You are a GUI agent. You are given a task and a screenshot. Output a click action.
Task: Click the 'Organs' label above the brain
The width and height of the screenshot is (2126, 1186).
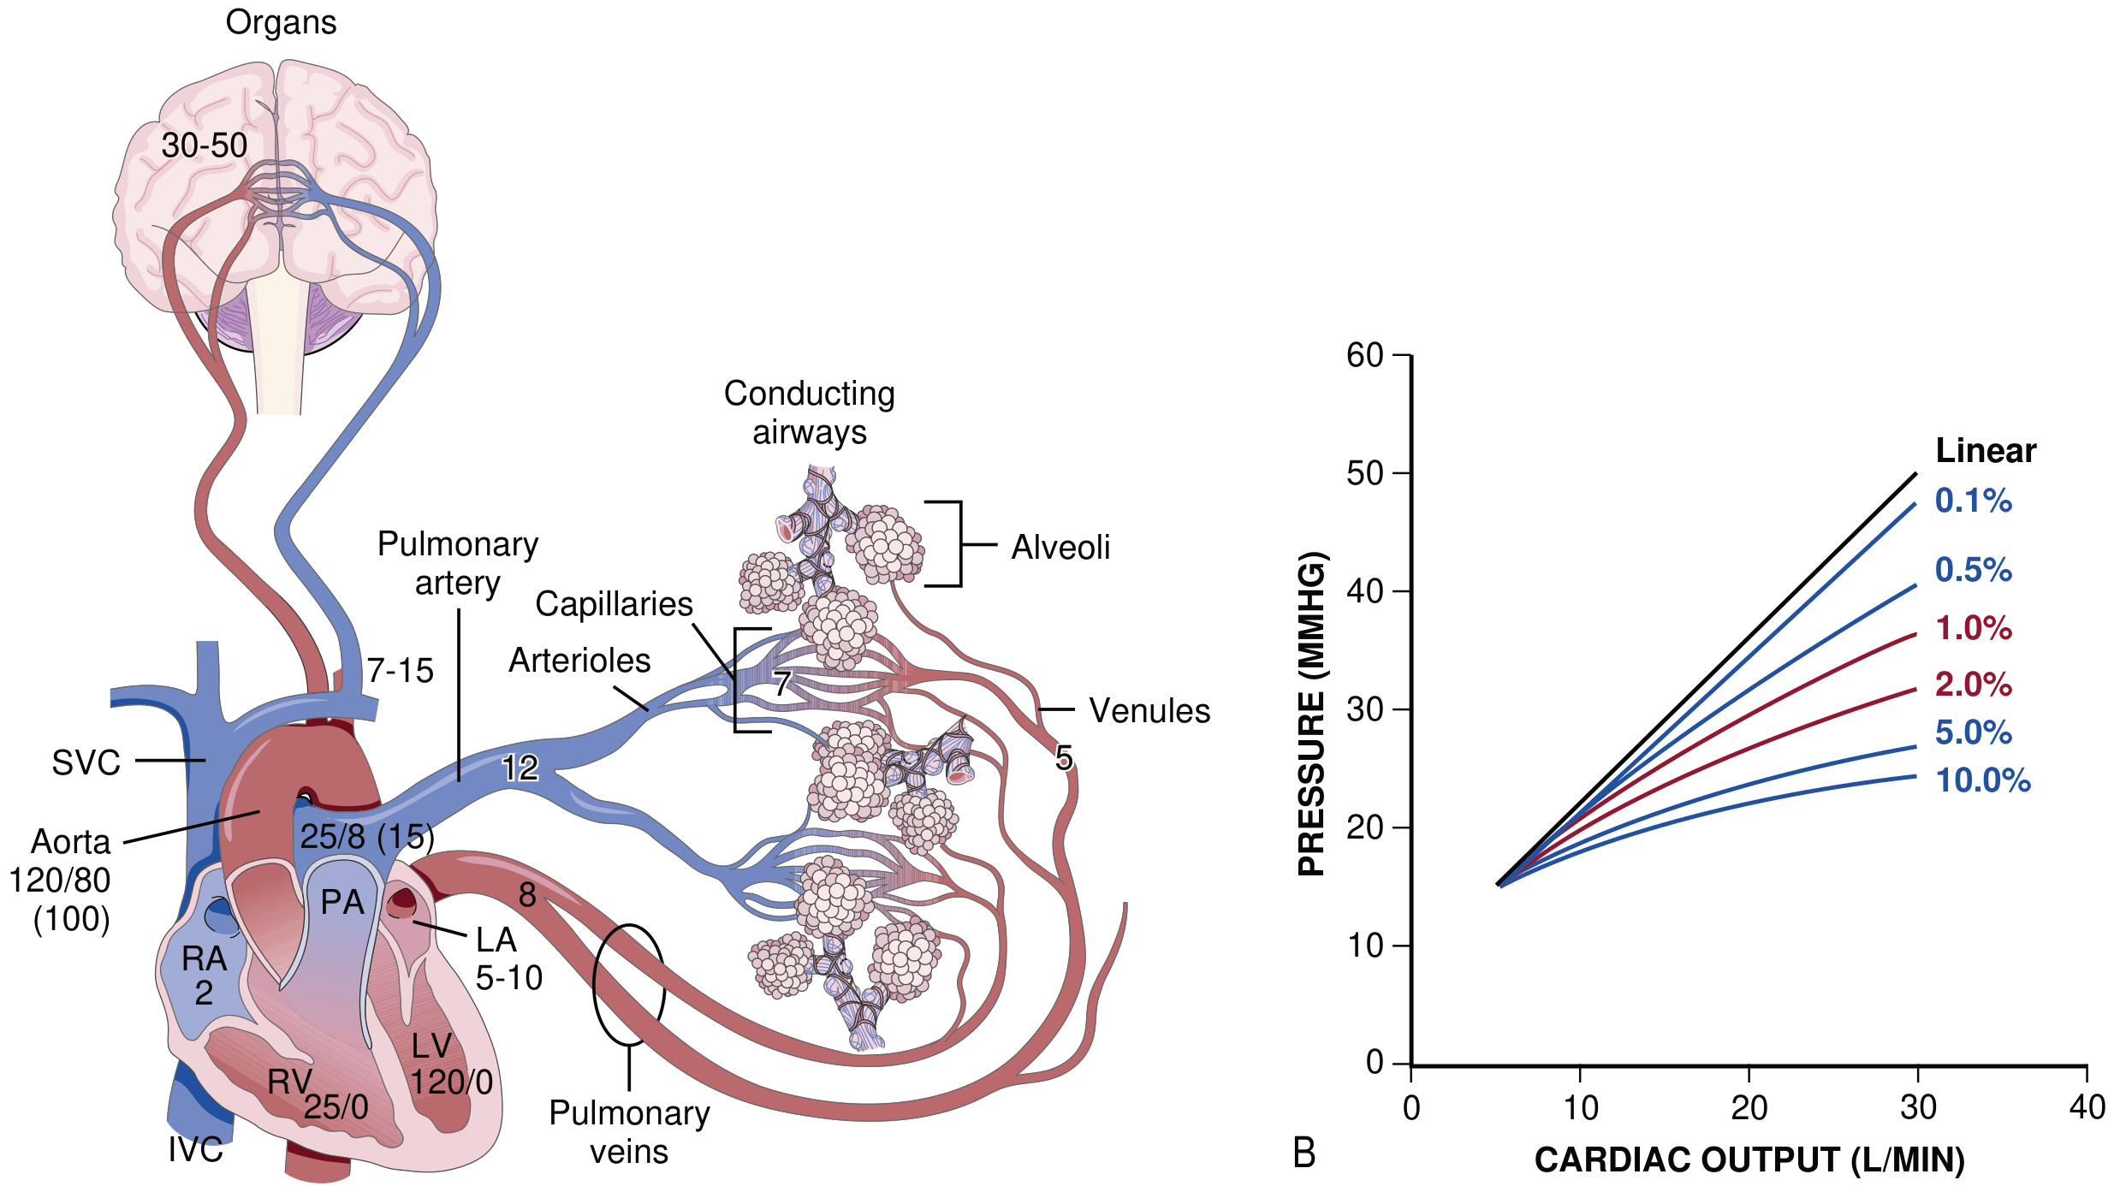pos(281,23)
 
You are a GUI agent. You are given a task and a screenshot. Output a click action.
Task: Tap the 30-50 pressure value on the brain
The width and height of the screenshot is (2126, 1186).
pos(205,145)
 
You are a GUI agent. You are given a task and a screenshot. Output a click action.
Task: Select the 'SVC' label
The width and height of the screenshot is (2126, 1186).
pos(86,762)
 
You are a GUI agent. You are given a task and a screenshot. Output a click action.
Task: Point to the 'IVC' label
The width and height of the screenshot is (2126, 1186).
pos(196,1150)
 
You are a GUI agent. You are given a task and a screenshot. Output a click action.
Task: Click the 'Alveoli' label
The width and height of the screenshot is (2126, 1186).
pos(1060,548)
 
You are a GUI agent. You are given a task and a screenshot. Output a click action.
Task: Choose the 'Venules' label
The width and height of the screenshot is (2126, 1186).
pos(1149,711)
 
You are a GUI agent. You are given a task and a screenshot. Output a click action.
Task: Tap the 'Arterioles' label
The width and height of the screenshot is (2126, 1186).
pos(579,661)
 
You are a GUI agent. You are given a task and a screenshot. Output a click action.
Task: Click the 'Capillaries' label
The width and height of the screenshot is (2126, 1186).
pos(614,604)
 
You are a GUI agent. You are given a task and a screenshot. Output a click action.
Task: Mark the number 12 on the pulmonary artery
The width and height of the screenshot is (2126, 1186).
pos(520,768)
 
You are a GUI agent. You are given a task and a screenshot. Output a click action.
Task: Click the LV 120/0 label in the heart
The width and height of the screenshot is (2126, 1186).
pos(451,1064)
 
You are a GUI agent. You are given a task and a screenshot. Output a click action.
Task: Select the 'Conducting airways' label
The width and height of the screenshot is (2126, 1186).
pos(810,412)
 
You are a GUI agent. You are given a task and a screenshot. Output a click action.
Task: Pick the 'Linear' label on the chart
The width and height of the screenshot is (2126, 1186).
pos(1986,451)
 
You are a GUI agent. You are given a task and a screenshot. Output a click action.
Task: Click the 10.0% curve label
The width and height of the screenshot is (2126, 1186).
pos(1983,780)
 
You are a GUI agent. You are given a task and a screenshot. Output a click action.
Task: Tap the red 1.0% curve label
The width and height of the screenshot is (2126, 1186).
pos(1974,629)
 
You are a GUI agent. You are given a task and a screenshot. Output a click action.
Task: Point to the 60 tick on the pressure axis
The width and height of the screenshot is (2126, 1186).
pos(1364,355)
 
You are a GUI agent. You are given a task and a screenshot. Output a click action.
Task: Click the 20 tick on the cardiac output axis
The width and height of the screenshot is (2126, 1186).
pos(1749,1108)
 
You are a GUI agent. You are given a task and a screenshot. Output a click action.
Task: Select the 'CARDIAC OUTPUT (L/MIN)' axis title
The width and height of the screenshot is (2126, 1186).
pos(1749,1160)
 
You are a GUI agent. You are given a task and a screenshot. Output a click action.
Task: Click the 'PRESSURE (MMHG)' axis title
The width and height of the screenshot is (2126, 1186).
pos(1311,714)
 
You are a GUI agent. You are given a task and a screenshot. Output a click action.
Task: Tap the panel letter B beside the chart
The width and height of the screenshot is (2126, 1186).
pos(1304,1153)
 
